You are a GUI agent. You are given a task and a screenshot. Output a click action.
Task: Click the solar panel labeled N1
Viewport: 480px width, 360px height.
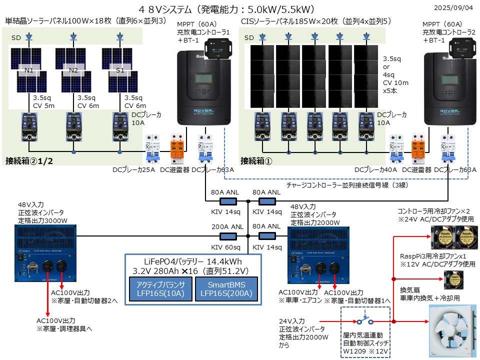click(x=29, y=70)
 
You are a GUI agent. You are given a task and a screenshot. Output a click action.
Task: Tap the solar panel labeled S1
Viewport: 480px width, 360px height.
click(x=120, y=70)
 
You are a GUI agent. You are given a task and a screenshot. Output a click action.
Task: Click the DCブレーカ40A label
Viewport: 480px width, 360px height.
click(x=376, y=170)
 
